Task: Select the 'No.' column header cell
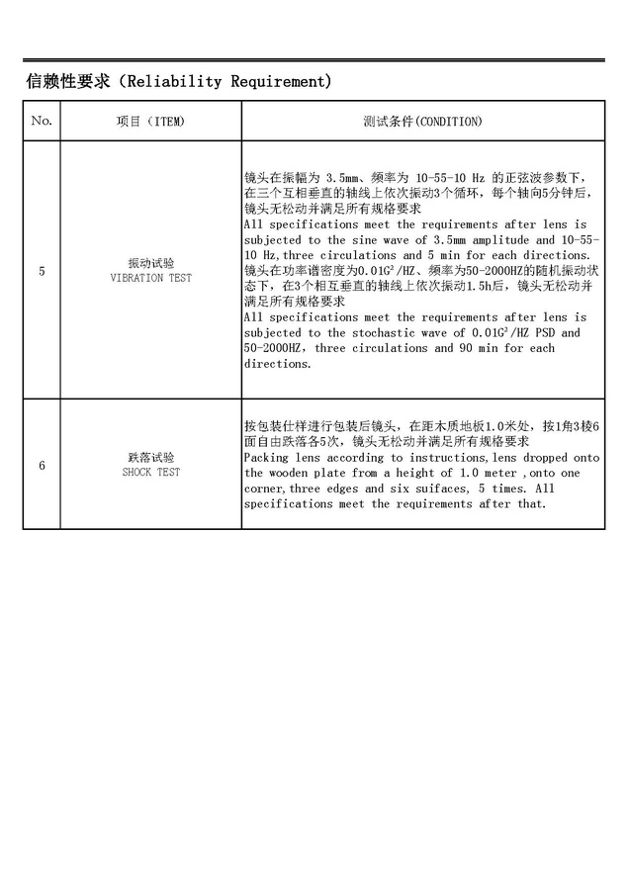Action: click(x=42, y=121)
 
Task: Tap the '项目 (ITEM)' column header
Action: click(x=151, y=121)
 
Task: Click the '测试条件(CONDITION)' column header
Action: click(x=422, y=121)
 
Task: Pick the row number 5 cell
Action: click(x=42, y=270)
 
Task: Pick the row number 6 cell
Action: click(x=42, y=465)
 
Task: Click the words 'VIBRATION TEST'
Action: click(x=151, y=278)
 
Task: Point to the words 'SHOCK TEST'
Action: click(x=151, y=473)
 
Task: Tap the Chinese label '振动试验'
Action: click(x=151, y=263)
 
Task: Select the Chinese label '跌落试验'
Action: click(x=151, y=458)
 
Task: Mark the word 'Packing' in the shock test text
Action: click(x=268, y=458)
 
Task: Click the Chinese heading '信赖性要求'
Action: click(x=66, y=81)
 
